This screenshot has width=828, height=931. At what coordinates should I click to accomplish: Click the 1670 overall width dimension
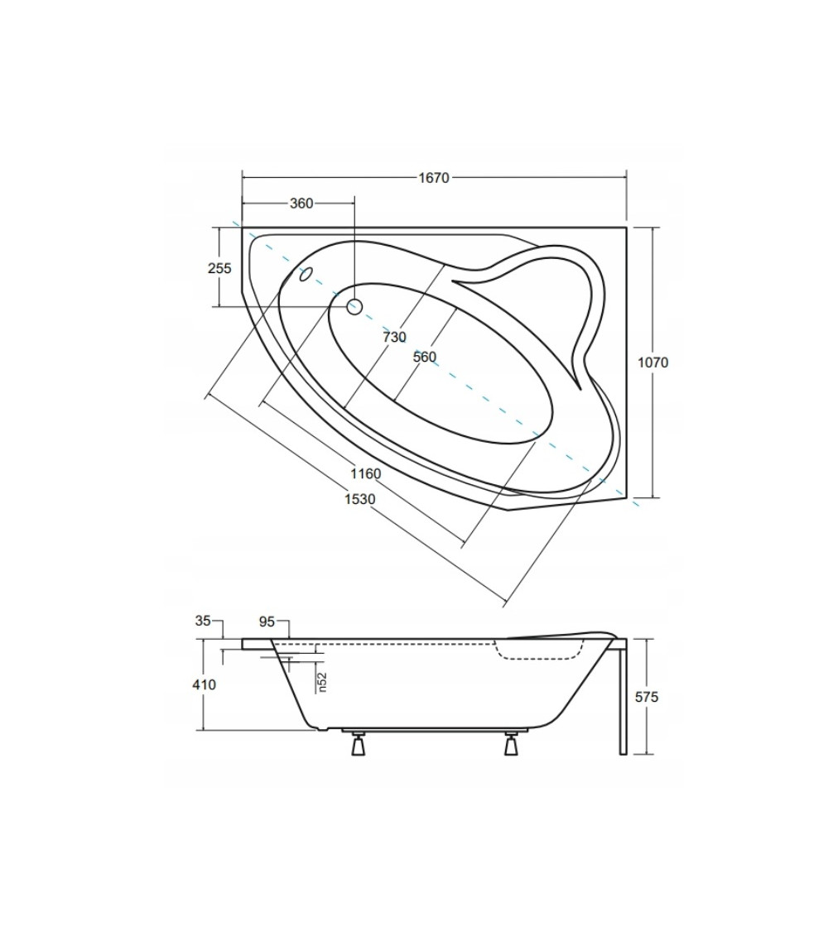[x=434, y=178]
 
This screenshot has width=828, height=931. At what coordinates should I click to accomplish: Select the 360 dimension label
[x=301, y=203]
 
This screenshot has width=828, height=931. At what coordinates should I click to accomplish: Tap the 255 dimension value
[x=219, y=268]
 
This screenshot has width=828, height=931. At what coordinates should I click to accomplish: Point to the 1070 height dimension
[x=652, y=362]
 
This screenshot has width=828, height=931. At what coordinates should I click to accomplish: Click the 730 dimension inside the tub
[x=394, y=338]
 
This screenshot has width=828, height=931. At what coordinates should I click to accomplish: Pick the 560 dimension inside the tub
[x=425, y=357]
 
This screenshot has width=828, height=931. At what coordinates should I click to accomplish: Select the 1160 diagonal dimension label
[x=365, y=474]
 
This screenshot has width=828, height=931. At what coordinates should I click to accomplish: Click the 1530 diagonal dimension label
[x=360, y=499]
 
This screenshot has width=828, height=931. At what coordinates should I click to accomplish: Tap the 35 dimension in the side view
[x=203, y=621]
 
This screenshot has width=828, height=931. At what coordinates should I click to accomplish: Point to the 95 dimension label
[x=267, y=621]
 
